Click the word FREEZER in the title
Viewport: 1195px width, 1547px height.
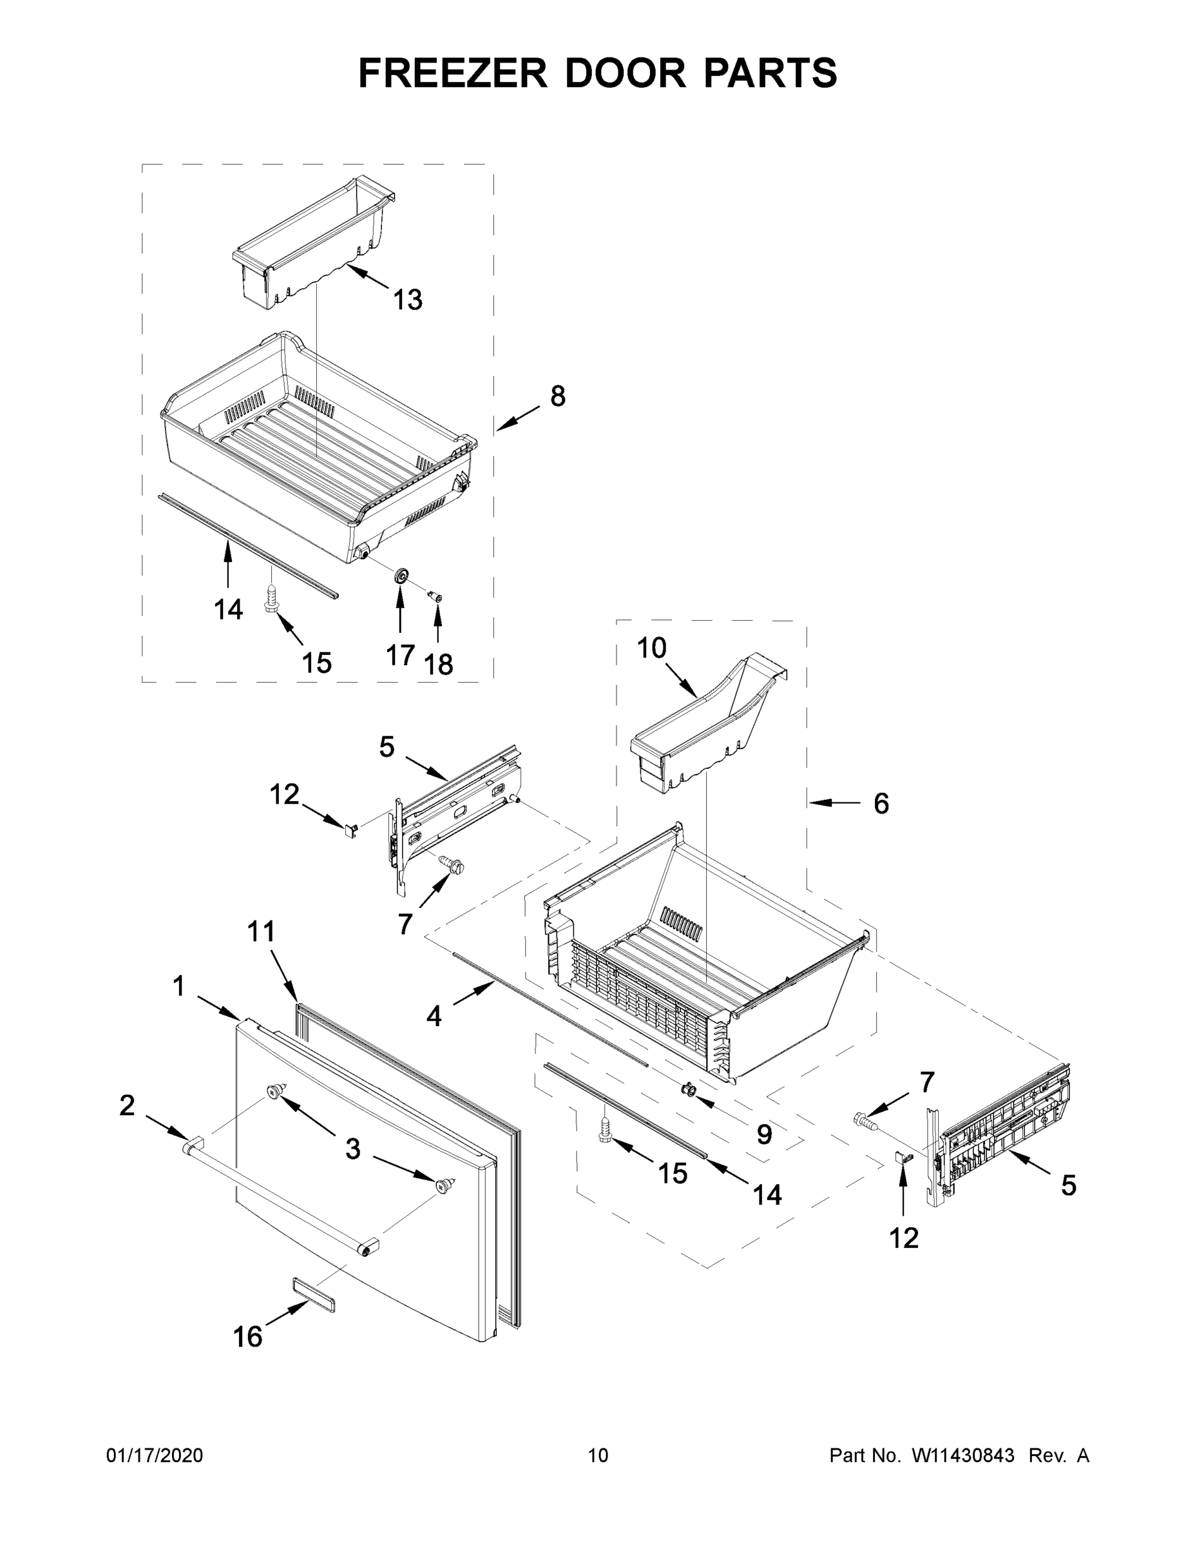tap(452, 73)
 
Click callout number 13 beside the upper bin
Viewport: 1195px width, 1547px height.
tap(408, 300)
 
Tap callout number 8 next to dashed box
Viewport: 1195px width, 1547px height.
tap(558, 396)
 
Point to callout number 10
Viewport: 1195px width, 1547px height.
tap(651, 647)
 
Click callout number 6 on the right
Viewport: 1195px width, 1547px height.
tap(881, 803)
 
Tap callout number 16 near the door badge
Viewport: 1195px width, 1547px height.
tap(248, 1337)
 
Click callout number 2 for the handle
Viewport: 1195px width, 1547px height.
tap(127, 1105)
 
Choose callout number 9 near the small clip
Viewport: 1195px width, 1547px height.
tap(764, 1134)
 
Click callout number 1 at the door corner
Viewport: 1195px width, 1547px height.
tap(178, 986)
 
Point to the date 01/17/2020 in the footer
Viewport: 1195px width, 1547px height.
tap(155, 1455)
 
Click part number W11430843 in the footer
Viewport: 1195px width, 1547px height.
tap(963, 1455)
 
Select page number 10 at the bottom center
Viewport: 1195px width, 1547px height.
tap(598, 1455)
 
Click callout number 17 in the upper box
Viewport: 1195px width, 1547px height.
tap(400, 655)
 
